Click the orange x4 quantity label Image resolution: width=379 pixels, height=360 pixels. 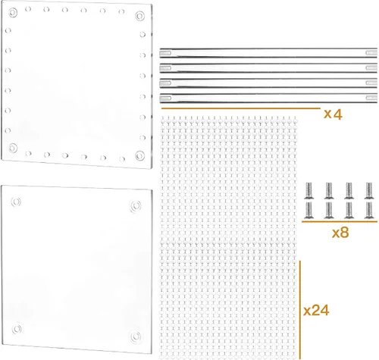333,114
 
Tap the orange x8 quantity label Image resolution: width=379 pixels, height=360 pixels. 340,233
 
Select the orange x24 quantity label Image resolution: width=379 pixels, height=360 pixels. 316,311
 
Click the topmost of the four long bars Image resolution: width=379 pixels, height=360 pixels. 268,53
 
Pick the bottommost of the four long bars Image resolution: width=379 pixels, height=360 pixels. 268,98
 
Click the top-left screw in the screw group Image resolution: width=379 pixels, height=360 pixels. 309,190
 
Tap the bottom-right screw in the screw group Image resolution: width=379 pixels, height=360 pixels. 369,210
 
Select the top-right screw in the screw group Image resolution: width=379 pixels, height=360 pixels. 369,190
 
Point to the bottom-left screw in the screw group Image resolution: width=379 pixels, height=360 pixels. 309,210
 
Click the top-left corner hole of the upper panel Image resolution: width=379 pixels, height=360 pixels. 13,13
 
